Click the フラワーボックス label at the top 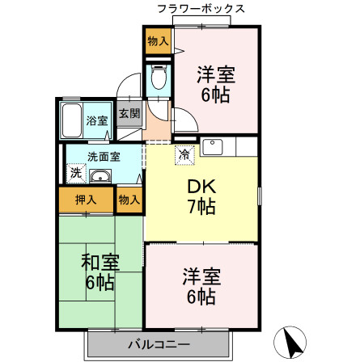[x=201, y=9]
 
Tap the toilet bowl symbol [x=159, y=77]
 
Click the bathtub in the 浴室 [x=71, y=120]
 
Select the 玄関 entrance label [x=129, y=113]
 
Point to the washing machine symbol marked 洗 [x=76, y=173]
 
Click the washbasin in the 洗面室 [x=100, y=176]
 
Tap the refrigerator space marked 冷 [x=184, y=155]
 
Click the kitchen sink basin [x=213, y=147]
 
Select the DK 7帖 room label [x=201, y=196]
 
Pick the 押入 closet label [x=86, y=200]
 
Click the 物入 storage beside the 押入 [x=129, y=200]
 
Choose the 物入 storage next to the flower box [x=158, y=41]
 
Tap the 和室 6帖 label [x=100, y=272]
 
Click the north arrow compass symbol [x=290, y=343]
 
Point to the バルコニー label [x=159, y=344]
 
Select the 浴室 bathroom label [x=97, y=120]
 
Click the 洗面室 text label [x=104, y=157]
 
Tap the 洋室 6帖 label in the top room [x=216, y=84]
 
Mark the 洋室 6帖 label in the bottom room [x=201, y=286]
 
